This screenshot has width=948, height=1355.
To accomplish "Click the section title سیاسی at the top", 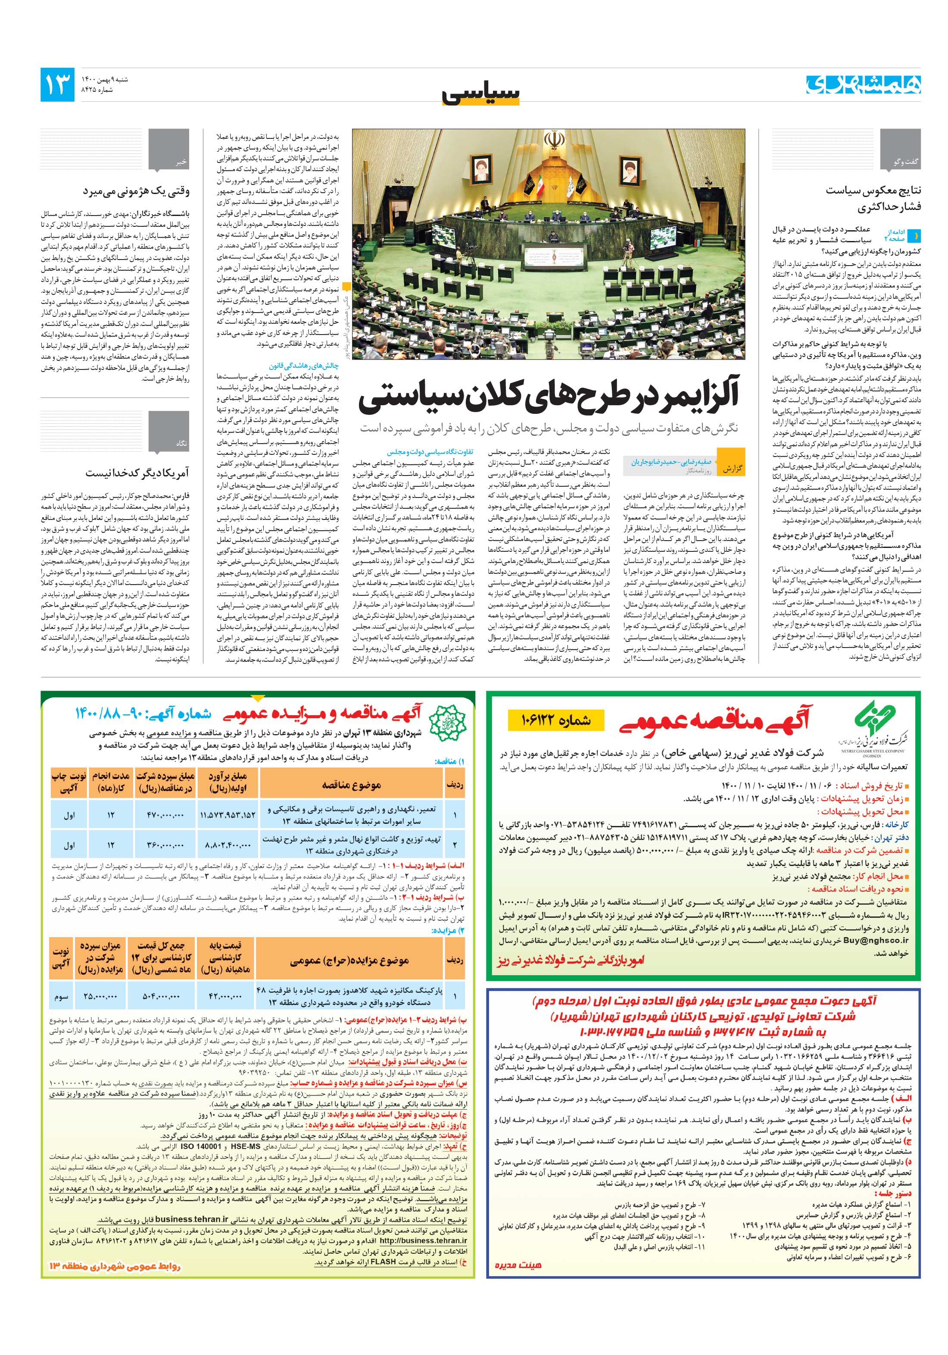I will [x=481, y=94].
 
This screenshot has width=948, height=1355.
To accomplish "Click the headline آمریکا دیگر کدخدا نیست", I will [x=137, y=473].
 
